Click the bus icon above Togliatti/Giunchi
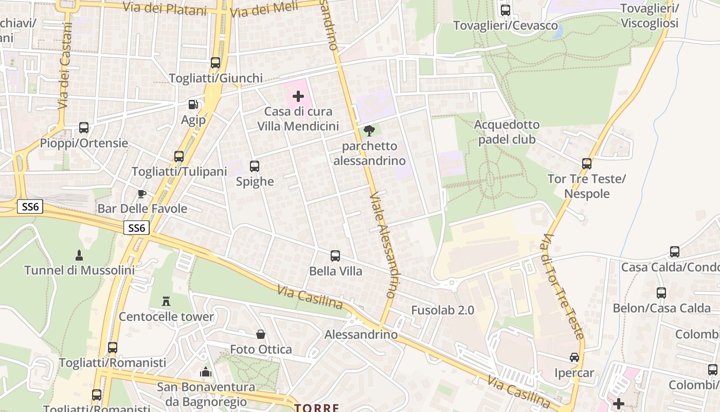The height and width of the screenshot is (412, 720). coord(215,63)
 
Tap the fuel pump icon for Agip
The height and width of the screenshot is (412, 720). coord(193,105)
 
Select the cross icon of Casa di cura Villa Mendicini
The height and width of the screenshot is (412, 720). coord(298,96)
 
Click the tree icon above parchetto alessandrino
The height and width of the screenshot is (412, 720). coord(369,131)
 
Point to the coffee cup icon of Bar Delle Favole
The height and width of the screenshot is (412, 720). coord(142,194)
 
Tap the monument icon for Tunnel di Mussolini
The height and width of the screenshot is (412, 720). coord(79,255)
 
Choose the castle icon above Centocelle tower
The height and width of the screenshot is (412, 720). coord(166,301)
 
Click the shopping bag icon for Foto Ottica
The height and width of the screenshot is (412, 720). coord(261,334)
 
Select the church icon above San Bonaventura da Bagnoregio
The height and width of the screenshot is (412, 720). coord(206,371)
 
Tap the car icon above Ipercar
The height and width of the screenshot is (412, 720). coord(574,357)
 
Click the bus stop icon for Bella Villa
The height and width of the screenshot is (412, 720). coord(335,255)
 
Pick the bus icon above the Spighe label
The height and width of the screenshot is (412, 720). coord(255,166)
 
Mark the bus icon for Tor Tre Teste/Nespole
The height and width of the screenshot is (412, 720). coord(587,164)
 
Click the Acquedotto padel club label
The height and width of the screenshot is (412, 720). coord(507,132)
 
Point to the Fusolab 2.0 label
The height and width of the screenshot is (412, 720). coord(442,310)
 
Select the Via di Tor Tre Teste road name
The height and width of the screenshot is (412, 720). coord(563,286)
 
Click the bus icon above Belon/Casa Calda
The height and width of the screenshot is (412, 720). coord(661,293)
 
